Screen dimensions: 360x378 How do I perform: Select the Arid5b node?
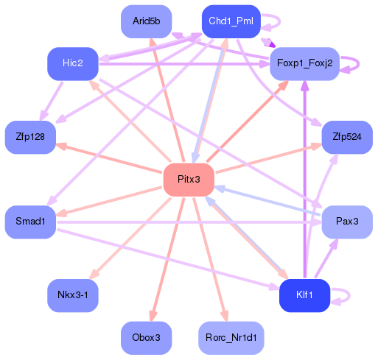point(146,21)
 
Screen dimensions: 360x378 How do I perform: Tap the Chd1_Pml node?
point(231,21)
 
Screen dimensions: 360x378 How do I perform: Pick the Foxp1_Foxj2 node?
point(304,63)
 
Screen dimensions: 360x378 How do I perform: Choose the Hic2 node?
point(72,63)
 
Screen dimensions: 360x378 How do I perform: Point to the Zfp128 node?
point(30,137)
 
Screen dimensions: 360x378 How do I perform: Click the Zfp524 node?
point(346,137)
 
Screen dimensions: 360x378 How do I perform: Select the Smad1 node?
point(30,221)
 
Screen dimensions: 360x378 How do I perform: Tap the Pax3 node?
point(346,221)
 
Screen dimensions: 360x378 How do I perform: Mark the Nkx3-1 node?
point(72,295)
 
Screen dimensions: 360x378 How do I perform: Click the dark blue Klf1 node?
point(304,295)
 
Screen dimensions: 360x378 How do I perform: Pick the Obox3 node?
point(146,337)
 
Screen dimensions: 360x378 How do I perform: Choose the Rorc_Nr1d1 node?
point(231,337)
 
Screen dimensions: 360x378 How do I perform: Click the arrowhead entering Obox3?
point(153,315)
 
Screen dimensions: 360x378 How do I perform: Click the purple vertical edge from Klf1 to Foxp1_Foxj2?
point(304,184)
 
